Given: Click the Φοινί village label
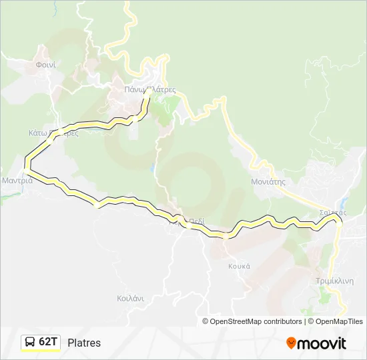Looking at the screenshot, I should point(45,65).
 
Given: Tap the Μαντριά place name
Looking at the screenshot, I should point(17,180).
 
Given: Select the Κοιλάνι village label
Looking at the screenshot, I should point(130,299).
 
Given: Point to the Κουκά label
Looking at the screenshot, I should point(238,265).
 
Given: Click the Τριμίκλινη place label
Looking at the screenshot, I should point(334,281).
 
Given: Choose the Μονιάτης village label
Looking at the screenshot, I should point(268,181).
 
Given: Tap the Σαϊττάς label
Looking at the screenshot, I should point(332,212).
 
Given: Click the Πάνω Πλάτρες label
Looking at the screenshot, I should point(149,89).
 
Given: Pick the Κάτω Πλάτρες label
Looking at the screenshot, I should point(53,133).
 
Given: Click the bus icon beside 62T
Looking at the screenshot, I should point(30,342).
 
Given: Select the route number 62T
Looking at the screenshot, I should point(49,342).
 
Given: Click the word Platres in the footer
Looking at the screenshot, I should point(84,343).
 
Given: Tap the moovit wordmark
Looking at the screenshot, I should point(322,343).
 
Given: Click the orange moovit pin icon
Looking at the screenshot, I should point(291,343).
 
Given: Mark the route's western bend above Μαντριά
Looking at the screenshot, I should point(27,160).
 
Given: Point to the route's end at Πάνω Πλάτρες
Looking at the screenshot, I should point(147,91).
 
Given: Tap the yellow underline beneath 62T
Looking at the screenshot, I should point(41,351).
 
